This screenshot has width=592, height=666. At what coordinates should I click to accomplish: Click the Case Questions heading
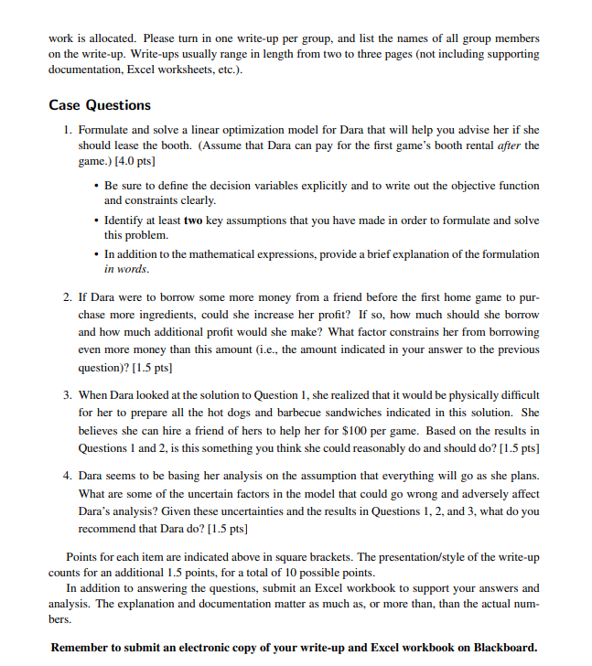[x=100, y=105]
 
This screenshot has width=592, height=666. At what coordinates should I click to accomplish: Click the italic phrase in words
[x=126, y=270]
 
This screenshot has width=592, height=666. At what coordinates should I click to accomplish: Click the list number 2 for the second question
[x=69, y=298]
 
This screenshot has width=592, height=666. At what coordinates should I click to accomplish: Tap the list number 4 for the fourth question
[x=69, y=476]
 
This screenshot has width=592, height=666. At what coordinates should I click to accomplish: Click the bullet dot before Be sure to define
[x=97, y=185]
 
